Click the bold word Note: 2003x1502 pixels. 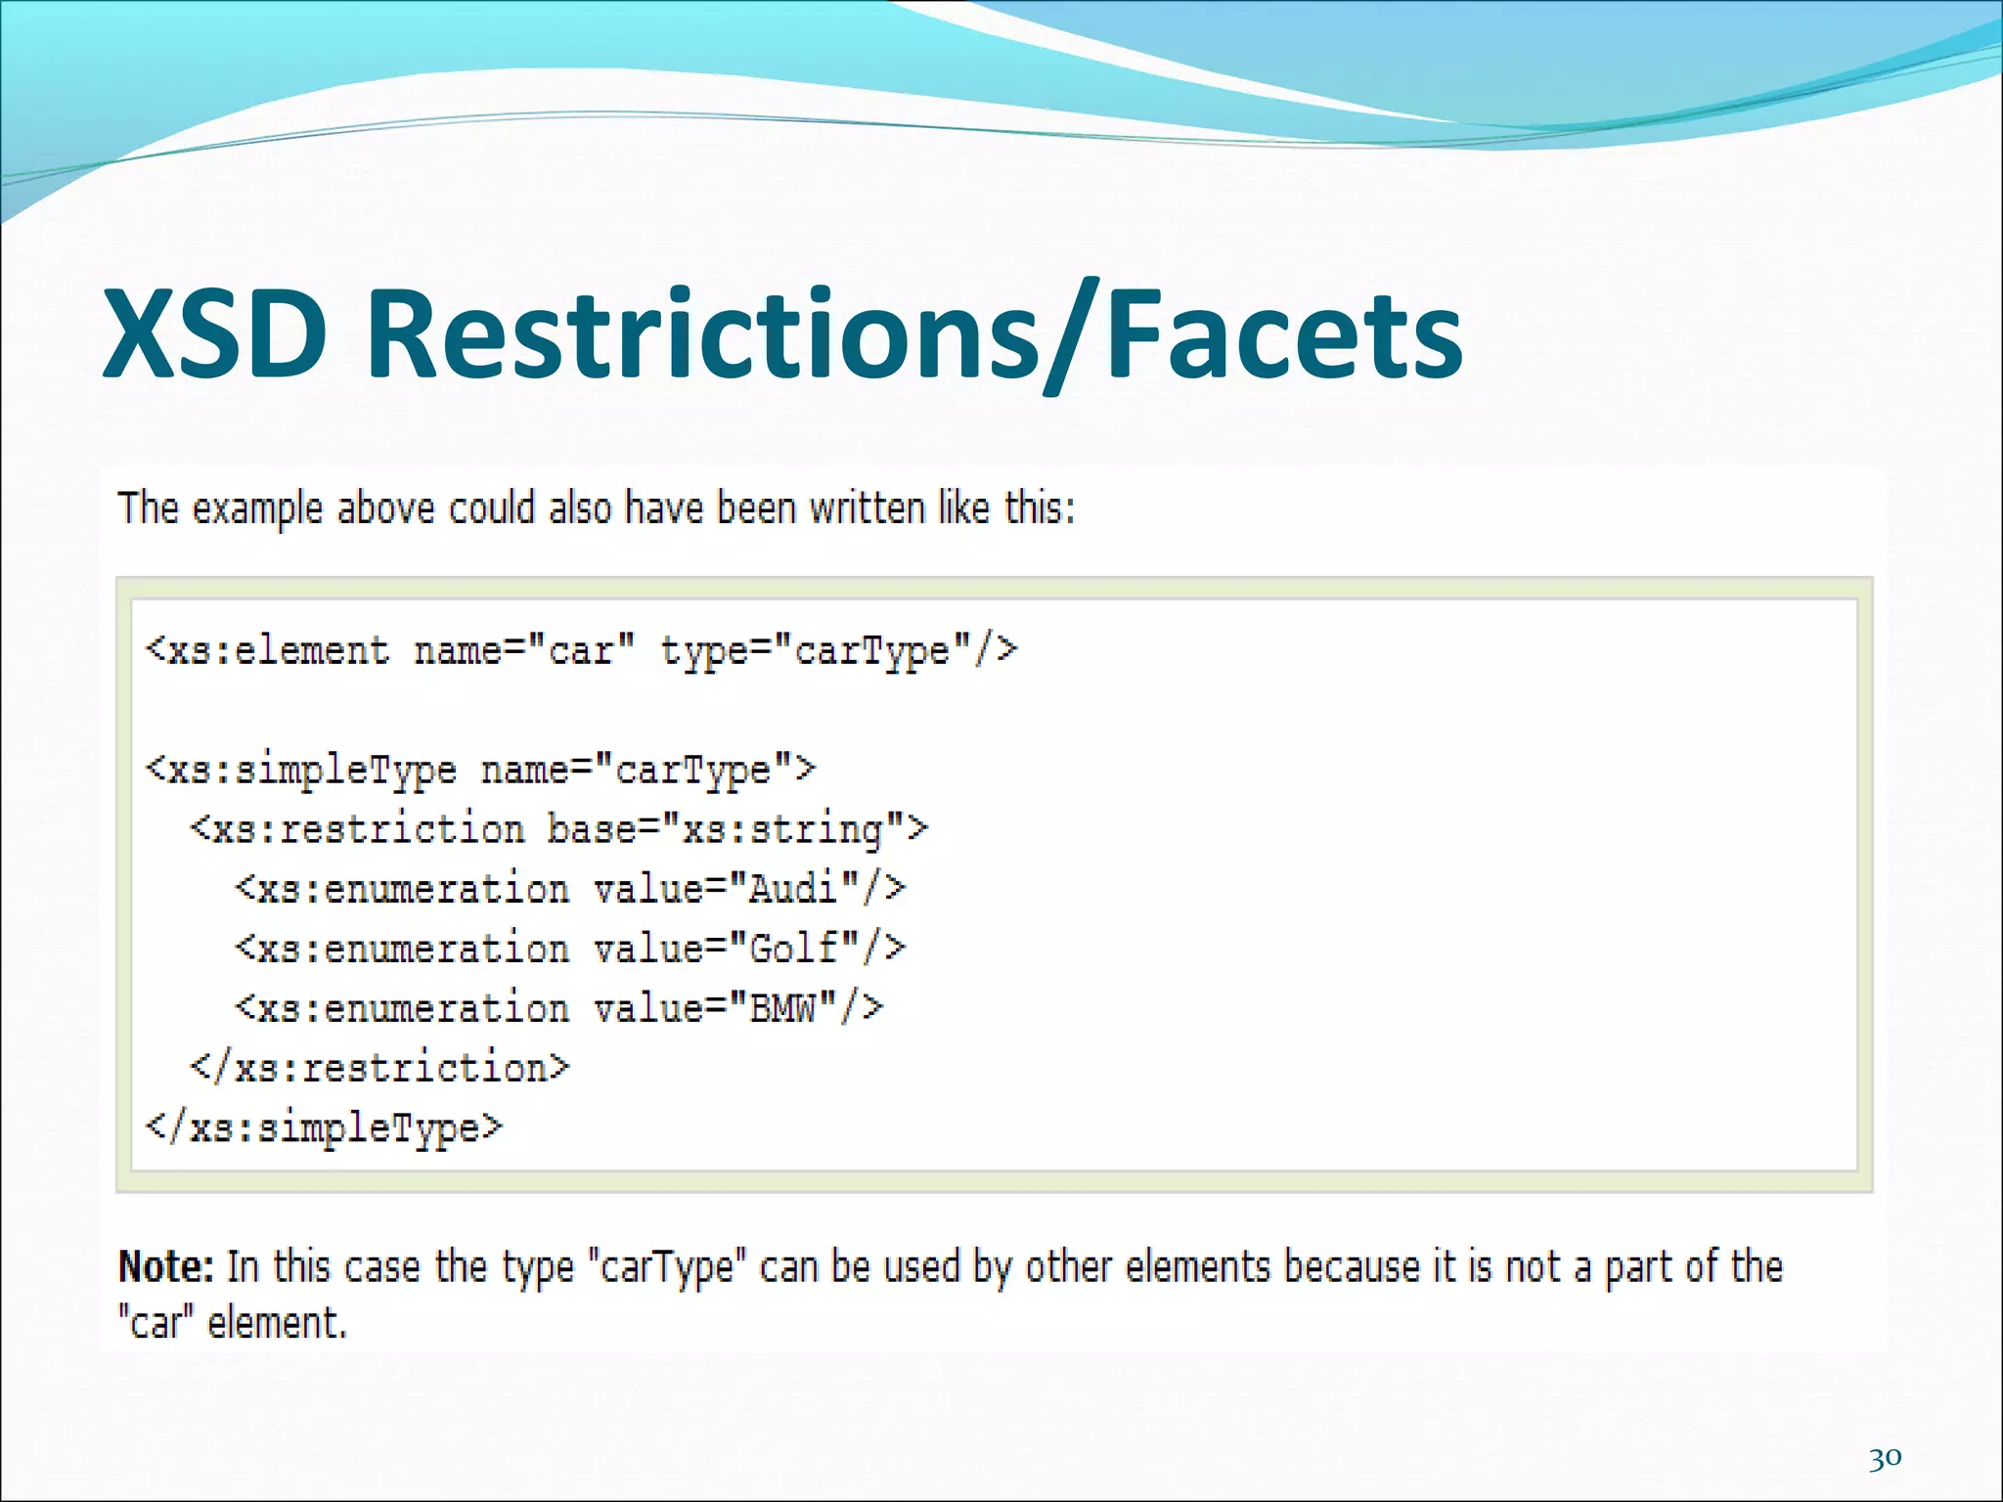tap(165, 1267)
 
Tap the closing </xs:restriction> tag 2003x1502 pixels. tap(378, 1068)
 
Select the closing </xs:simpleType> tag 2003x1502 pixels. tap(324, 1128)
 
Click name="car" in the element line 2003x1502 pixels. tap(524, 651)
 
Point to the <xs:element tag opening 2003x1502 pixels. tap(267, 651)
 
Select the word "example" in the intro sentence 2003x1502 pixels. tap(257, 508)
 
